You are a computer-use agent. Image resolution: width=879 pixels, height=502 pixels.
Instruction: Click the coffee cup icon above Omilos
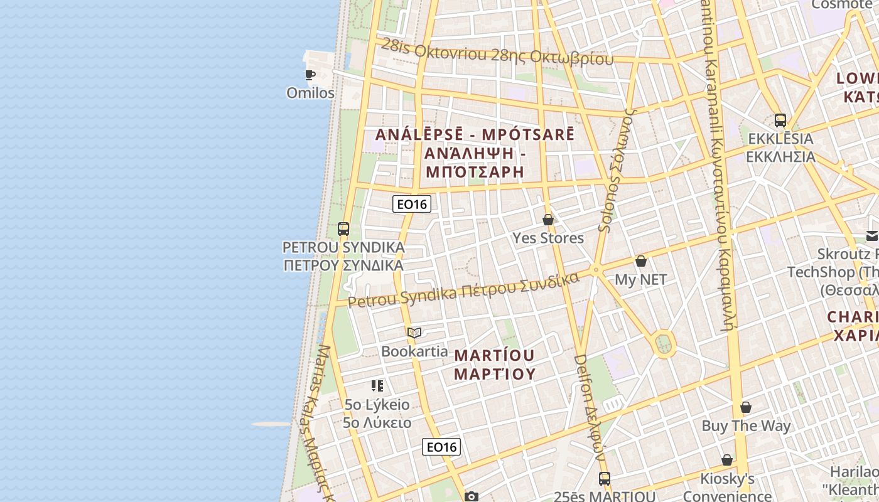[x=310, y=75]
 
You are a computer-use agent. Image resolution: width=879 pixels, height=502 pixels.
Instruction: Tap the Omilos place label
[x=310, y=93]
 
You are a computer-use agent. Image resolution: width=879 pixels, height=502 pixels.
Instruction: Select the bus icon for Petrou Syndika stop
[x=343, y=229]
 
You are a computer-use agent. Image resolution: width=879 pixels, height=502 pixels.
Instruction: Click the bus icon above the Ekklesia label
[x=780, y=120]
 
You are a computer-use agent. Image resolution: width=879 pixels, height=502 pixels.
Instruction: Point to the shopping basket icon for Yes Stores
[x=548, y=220]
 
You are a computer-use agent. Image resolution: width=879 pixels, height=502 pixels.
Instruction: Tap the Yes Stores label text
[x=548, y=238]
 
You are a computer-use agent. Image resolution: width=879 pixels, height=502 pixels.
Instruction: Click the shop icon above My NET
[x=641, y=261]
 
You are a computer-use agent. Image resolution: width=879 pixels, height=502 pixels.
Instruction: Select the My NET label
[x=640, y=279]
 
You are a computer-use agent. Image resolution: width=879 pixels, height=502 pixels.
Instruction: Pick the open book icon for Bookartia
[x=414, y=333]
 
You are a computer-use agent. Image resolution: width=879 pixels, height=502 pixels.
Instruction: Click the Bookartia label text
[x=414, y=351]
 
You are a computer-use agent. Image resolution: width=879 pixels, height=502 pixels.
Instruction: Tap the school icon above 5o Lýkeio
[x=377, y=385]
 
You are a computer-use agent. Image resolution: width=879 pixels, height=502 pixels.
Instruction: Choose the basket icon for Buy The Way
[x=746, y=408]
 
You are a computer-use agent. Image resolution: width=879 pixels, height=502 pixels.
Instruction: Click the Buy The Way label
[x=746, y=425]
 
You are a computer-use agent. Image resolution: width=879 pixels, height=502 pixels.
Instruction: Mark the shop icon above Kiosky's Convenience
[x=727, y=461]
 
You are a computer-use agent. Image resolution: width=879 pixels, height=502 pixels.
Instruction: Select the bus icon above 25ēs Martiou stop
[x=604, y=479]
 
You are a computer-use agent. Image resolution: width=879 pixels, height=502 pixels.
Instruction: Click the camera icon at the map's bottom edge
[x=471, y=496]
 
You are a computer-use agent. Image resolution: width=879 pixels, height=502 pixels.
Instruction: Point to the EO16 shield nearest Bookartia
[x=441, y=447]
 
